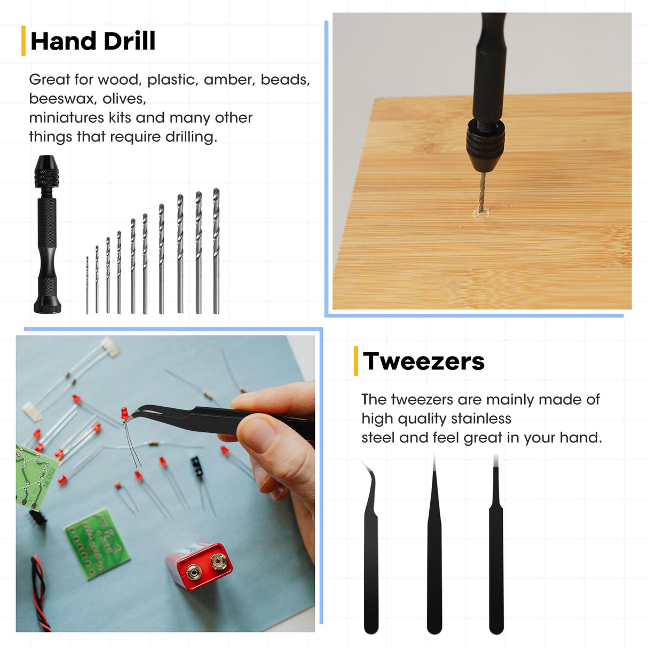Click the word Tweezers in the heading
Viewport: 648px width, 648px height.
click(x=424, y=361)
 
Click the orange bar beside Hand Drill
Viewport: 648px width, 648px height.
click(x=23, y=41)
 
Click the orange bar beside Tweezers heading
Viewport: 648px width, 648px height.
click(x=356, y=361)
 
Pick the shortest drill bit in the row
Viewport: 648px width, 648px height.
click(x=87, y=286)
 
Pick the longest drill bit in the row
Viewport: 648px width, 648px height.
click(x=216, y=251)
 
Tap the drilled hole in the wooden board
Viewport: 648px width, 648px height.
click(x=481, y=212)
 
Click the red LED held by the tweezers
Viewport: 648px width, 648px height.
click(x=124, y=413)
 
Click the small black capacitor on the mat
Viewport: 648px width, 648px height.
click(x=197, y=467)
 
